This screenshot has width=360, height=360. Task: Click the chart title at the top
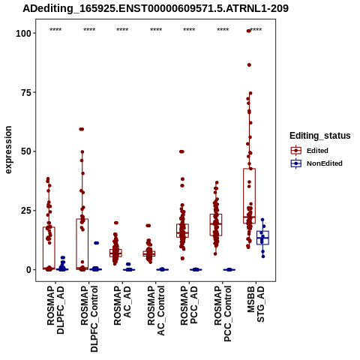[x=155, y=8]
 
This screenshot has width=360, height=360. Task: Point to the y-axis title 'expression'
[x=8, y=150]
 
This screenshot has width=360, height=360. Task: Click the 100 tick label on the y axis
[x=24, y=33]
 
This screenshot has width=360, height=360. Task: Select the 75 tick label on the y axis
[x=26, y=92]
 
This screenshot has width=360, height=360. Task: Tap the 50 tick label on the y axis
[x=26, y=151]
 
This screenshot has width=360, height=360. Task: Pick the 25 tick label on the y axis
[x=26, y=211]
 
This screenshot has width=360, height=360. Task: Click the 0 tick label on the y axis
[x=29, y=270]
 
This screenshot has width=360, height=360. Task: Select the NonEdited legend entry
[x=316, y=163]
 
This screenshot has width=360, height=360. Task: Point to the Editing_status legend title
[x=320, y=136]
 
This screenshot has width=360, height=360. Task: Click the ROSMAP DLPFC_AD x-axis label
[x=55, y=310]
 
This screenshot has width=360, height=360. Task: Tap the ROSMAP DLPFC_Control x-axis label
[x=89, y=319]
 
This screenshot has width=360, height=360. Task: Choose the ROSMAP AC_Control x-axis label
[x=156, y=310]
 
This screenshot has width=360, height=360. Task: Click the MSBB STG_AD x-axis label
[x=256, y=304]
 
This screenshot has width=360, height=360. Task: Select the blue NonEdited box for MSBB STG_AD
[x=262, y=238]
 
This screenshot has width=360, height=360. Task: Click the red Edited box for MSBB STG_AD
[x=249, y=196]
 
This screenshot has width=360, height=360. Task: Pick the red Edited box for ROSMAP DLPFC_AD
[x=49, y=248]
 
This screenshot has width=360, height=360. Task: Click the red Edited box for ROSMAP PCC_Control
[x=216, y=225]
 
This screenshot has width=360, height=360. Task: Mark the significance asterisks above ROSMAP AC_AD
[x=122, y=30]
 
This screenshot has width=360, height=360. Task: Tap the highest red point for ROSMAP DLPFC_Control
[x=82, y=129]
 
